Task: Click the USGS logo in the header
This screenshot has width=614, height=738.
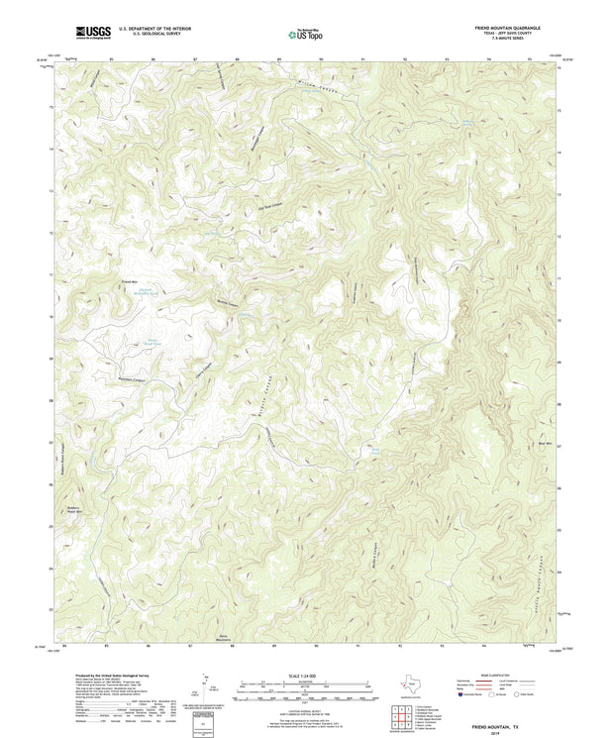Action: pos(94,34)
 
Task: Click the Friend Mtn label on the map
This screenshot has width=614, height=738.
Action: pos(129,282)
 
